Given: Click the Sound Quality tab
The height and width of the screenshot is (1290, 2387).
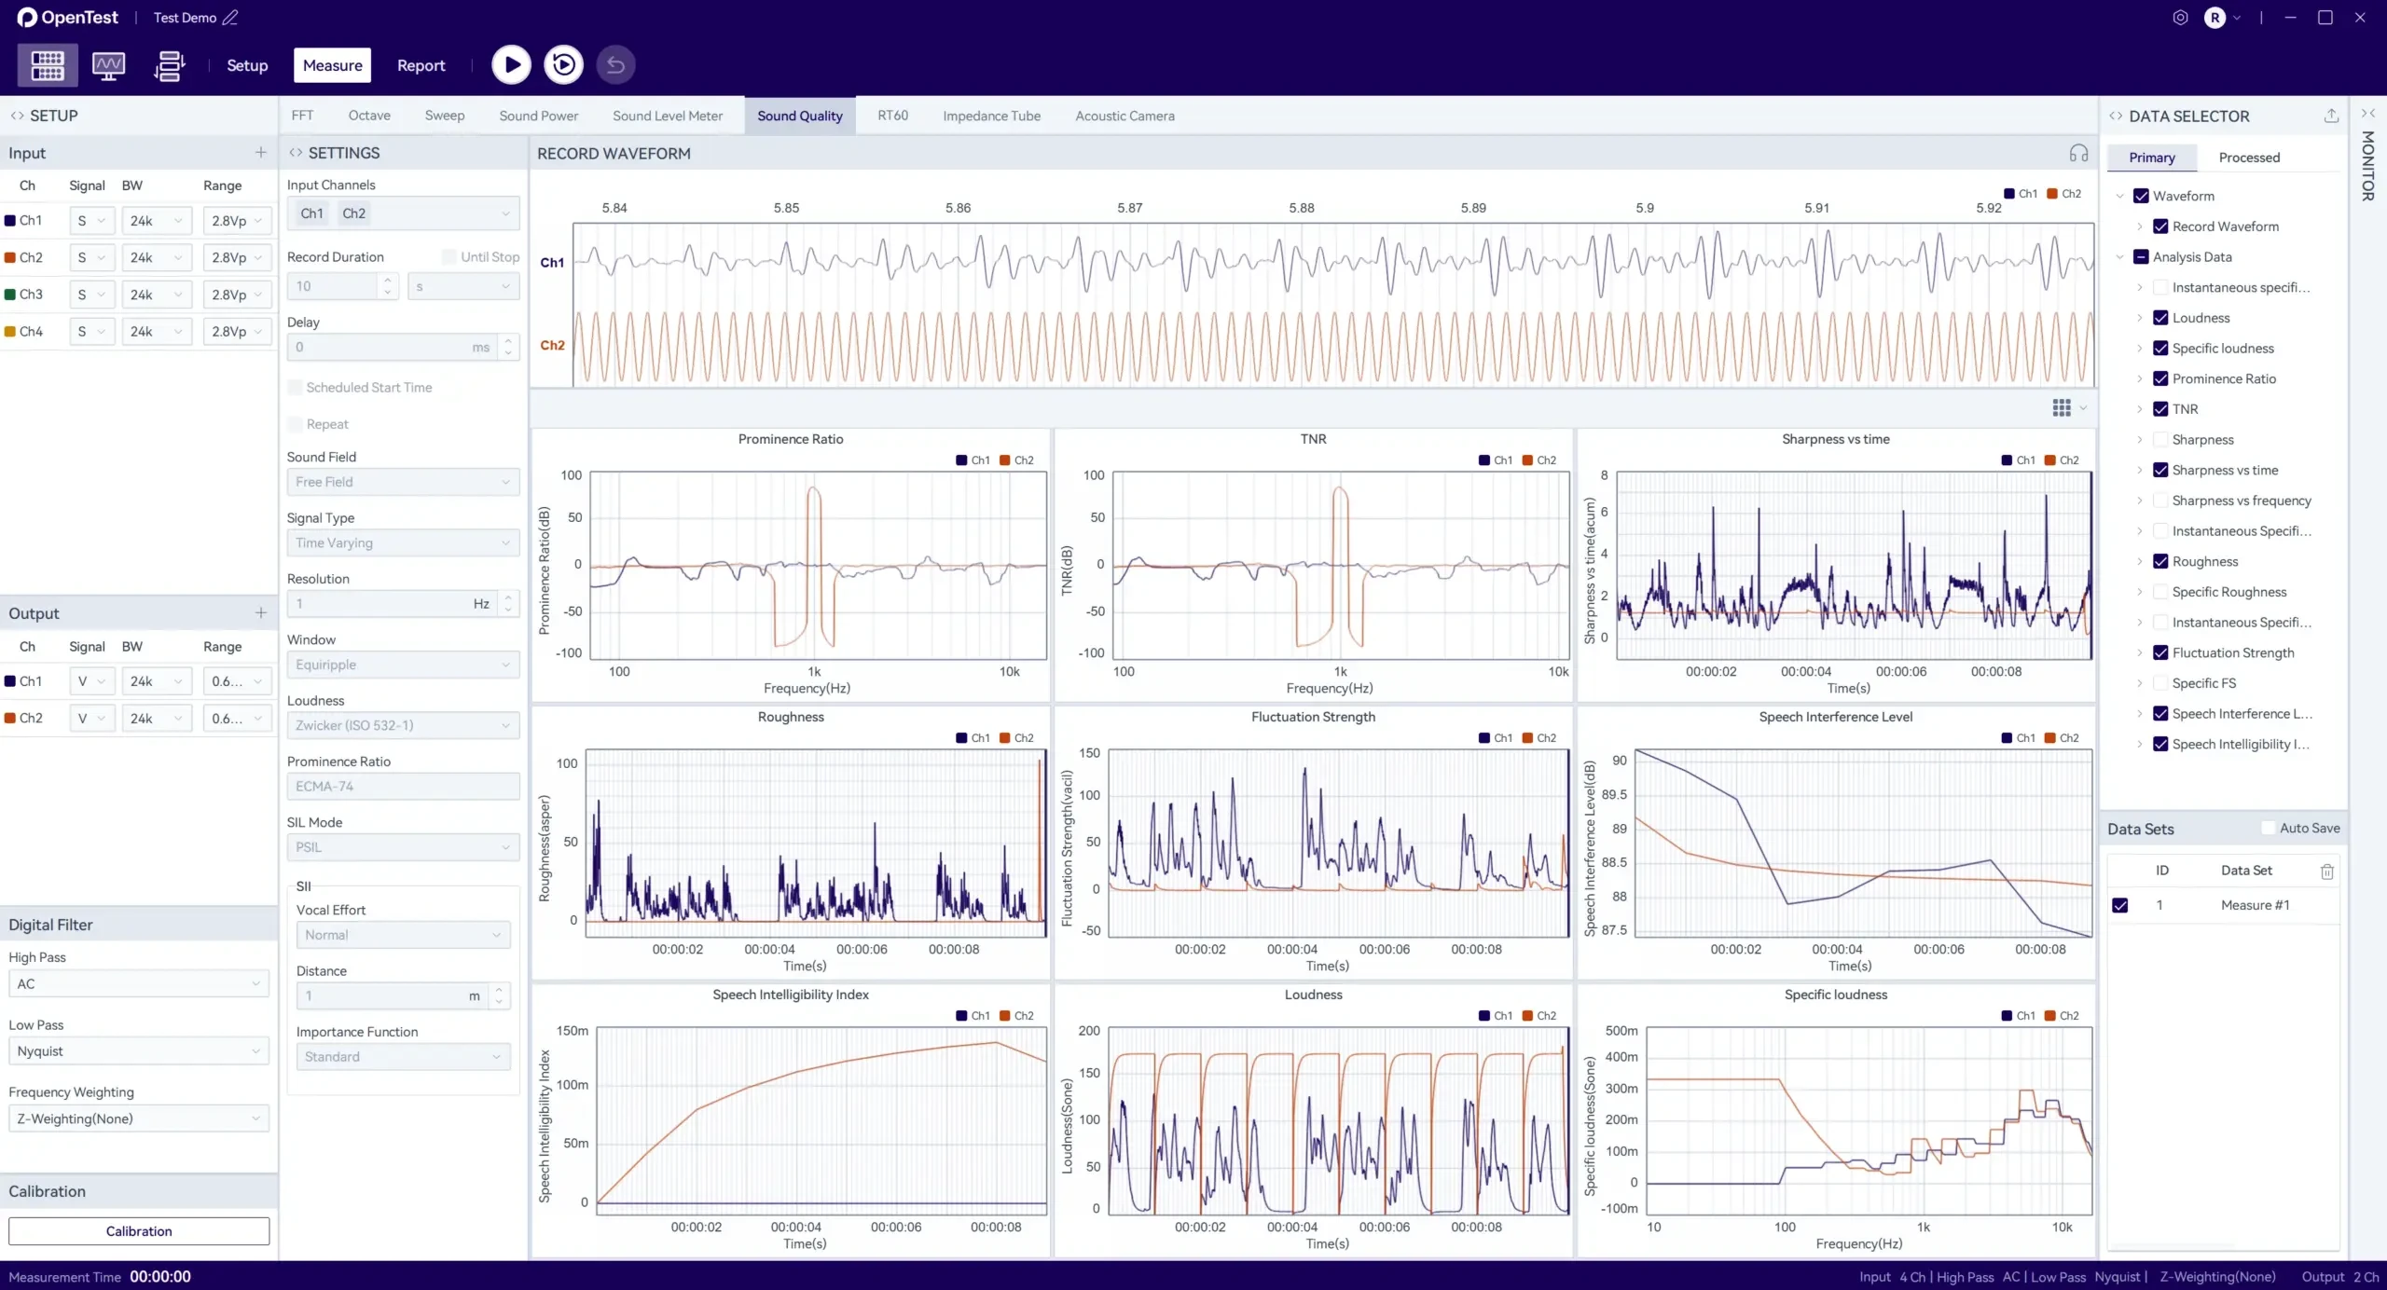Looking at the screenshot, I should [799, 116].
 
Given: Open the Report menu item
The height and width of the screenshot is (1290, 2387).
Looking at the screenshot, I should [421, 65].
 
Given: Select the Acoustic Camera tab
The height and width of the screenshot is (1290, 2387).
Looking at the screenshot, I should [1125, 116].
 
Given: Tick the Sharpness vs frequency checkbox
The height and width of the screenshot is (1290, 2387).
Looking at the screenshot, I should [2159, 501].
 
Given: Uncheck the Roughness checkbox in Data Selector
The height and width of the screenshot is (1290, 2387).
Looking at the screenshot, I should [2159, 561].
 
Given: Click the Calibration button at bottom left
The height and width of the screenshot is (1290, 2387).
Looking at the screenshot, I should [139, 1231].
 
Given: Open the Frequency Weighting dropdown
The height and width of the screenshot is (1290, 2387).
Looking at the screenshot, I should [138, 1118].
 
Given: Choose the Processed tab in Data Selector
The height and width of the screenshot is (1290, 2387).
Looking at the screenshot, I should [2249, 158].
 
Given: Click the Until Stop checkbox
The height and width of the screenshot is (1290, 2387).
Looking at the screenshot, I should [449, 256].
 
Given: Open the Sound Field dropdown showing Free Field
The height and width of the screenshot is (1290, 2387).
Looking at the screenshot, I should [403, 482].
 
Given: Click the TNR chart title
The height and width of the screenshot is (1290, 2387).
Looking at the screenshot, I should [1313, 439].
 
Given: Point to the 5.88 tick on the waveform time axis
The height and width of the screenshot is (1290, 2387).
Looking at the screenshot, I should [1302, 208].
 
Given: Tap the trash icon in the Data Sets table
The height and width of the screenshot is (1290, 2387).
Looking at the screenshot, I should [2326, 871].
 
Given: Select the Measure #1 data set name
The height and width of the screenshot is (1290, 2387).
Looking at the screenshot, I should [2255, 905].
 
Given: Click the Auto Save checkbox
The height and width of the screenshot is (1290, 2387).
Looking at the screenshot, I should [2269, 828].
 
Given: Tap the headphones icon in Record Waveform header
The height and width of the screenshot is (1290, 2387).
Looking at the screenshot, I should [2078, 153].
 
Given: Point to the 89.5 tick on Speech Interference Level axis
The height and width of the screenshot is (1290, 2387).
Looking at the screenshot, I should [1614, 794].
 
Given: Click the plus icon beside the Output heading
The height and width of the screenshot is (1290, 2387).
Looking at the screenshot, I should [261, 613].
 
